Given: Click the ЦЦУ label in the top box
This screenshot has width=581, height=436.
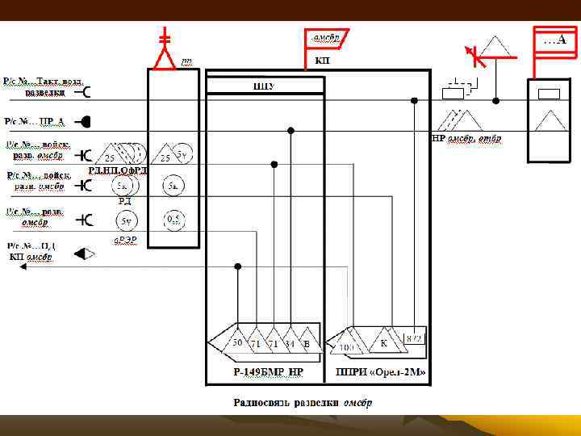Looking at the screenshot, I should pos(264,86).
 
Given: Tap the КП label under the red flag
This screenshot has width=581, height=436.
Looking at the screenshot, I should pos(320,60).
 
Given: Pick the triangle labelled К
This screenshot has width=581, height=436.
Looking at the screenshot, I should pos(384,343).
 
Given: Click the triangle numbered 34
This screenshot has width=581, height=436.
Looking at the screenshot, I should pos(289,342).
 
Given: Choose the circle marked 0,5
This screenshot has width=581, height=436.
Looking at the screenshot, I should pos(173,219).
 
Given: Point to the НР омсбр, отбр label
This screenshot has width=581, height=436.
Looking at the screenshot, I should pos(467,138).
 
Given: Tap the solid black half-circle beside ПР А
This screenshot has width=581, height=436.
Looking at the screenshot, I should pos(84,122).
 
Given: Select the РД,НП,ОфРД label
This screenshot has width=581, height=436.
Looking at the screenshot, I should pos(118,170).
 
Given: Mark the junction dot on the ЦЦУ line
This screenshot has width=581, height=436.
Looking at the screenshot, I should pos(413,100).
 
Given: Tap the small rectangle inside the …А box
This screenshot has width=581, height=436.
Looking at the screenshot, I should pos(548,94).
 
